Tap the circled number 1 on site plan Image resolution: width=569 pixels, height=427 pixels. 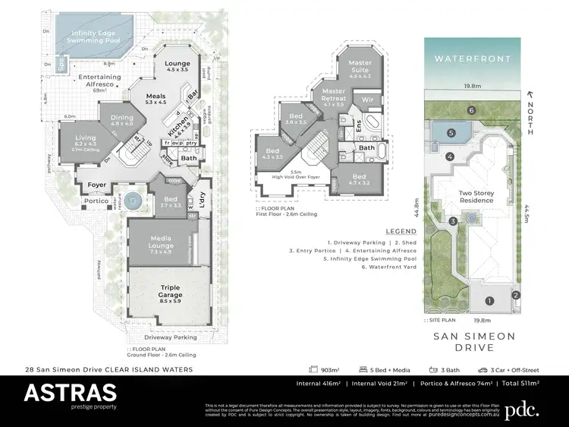(x=489, y=302)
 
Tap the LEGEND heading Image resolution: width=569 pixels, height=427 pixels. (x=401, y=230)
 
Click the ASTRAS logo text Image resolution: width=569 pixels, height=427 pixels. (x=70, y=393)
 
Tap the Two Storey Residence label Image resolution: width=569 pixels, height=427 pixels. (x=476, y=198)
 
